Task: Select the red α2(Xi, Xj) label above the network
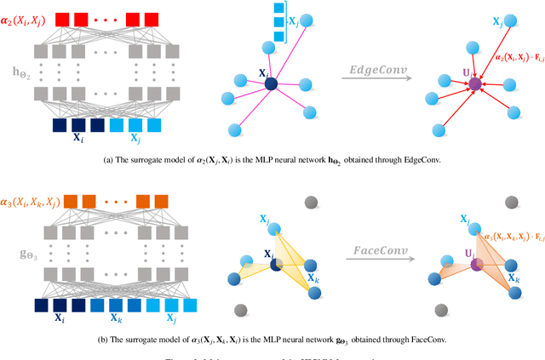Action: point(26,18)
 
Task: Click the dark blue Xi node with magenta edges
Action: point(270,83)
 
